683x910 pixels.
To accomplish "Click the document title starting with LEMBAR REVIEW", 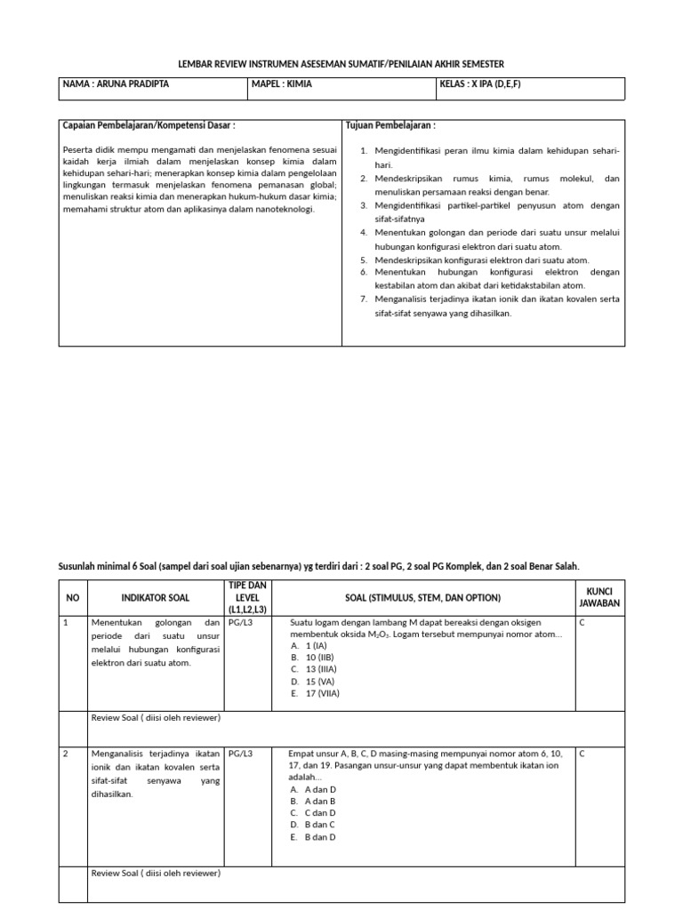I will [x=341, y=64].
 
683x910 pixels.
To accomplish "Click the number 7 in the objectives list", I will [x=364, y=299].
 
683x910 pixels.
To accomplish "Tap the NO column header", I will [x=73, y=597].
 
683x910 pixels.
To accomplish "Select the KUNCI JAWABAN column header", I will [x=600, y=597].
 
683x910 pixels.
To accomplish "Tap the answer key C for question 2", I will [x=582, y=754].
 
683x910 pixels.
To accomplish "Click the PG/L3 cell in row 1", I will [x=241, y=622].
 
